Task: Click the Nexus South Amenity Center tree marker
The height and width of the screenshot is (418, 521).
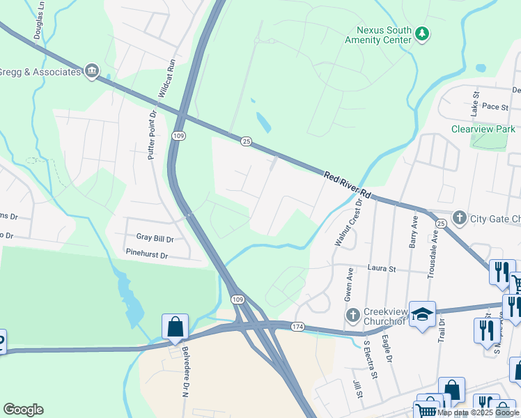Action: coord(421,33)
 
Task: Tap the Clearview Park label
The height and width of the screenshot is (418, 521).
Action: coord(483,129)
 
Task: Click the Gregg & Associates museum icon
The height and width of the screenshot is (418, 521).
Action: coord(92,71)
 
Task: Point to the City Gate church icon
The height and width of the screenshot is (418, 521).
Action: coord(459,218)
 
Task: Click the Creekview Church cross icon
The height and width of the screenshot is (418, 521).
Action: coord(354,315)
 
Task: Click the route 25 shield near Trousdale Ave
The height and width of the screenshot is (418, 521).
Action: coord(441,223)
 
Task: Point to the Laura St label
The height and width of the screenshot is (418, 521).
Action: coord(381,268)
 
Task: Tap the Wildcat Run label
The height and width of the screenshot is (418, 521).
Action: coord(166,78)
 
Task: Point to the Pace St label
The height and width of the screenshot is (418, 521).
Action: coord(495,107)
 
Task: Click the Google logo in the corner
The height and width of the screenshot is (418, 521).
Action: coord(23,410)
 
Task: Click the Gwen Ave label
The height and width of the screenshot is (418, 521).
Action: coord(348,286)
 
